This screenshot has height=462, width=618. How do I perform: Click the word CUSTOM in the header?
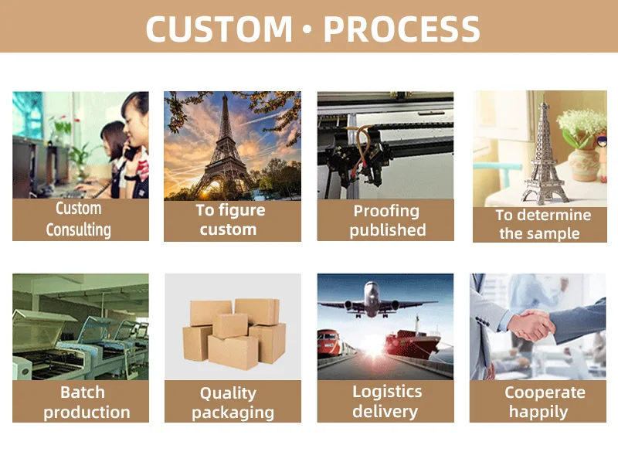219,29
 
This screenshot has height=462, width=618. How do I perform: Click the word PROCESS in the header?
402,29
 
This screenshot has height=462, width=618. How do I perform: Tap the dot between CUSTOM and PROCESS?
308,29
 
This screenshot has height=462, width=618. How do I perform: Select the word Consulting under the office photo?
79,229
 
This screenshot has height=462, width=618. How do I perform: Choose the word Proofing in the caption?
386,211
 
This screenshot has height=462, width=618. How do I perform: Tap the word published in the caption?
388,229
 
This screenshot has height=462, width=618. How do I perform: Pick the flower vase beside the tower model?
584,165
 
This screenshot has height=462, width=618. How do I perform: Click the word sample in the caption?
553,234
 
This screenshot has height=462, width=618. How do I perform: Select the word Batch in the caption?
83,392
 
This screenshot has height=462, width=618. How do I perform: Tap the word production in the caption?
87,413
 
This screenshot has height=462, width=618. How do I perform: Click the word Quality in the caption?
228,393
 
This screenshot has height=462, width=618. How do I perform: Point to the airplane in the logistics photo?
377,301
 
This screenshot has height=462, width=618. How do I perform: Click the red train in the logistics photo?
332,343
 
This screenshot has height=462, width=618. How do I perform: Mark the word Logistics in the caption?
387,392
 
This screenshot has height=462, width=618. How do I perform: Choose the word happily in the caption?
538,413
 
